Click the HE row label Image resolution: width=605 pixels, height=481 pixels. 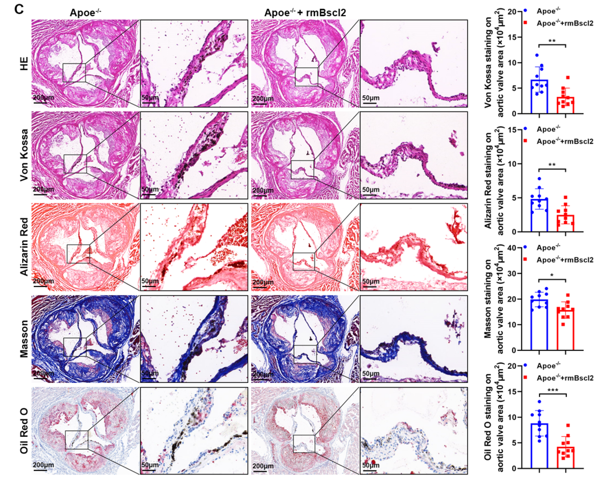(24, 64)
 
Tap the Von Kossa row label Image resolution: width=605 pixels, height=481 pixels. (24, 155)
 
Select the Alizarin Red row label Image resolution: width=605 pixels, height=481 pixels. (24, 247)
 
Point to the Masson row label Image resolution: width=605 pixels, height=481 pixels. (24, 339)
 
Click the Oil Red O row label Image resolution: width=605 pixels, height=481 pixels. (24, 431)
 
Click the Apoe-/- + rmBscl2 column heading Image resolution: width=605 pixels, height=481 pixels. (305, 13)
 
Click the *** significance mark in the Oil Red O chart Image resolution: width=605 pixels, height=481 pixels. (552, 390)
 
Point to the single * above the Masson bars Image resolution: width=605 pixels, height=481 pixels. (552, 276)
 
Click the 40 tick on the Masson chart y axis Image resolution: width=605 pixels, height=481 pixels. (512, 248)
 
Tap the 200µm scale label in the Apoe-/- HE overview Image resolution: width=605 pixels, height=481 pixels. (43, 98)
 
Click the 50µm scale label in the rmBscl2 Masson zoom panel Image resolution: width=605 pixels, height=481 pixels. (371, 374)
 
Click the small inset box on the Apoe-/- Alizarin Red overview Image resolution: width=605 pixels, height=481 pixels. (78, 254)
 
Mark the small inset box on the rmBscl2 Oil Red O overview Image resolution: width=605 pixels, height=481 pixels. (304, 444)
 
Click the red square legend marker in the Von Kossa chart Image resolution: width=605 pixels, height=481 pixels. (525, 23)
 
